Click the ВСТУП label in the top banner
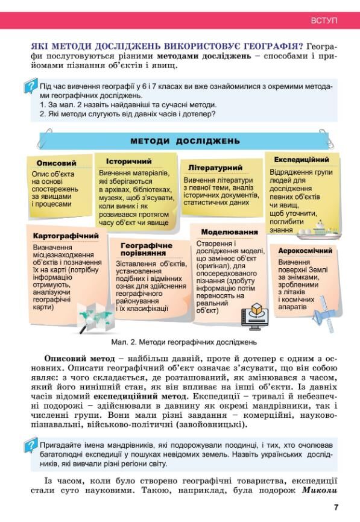click(x=324, y=20)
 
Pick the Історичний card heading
click(x=128, y=162)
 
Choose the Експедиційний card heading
click(x=301, y=160)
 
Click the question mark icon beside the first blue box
click(x=30, y=87)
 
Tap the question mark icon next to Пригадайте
click(x=30, y=447)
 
